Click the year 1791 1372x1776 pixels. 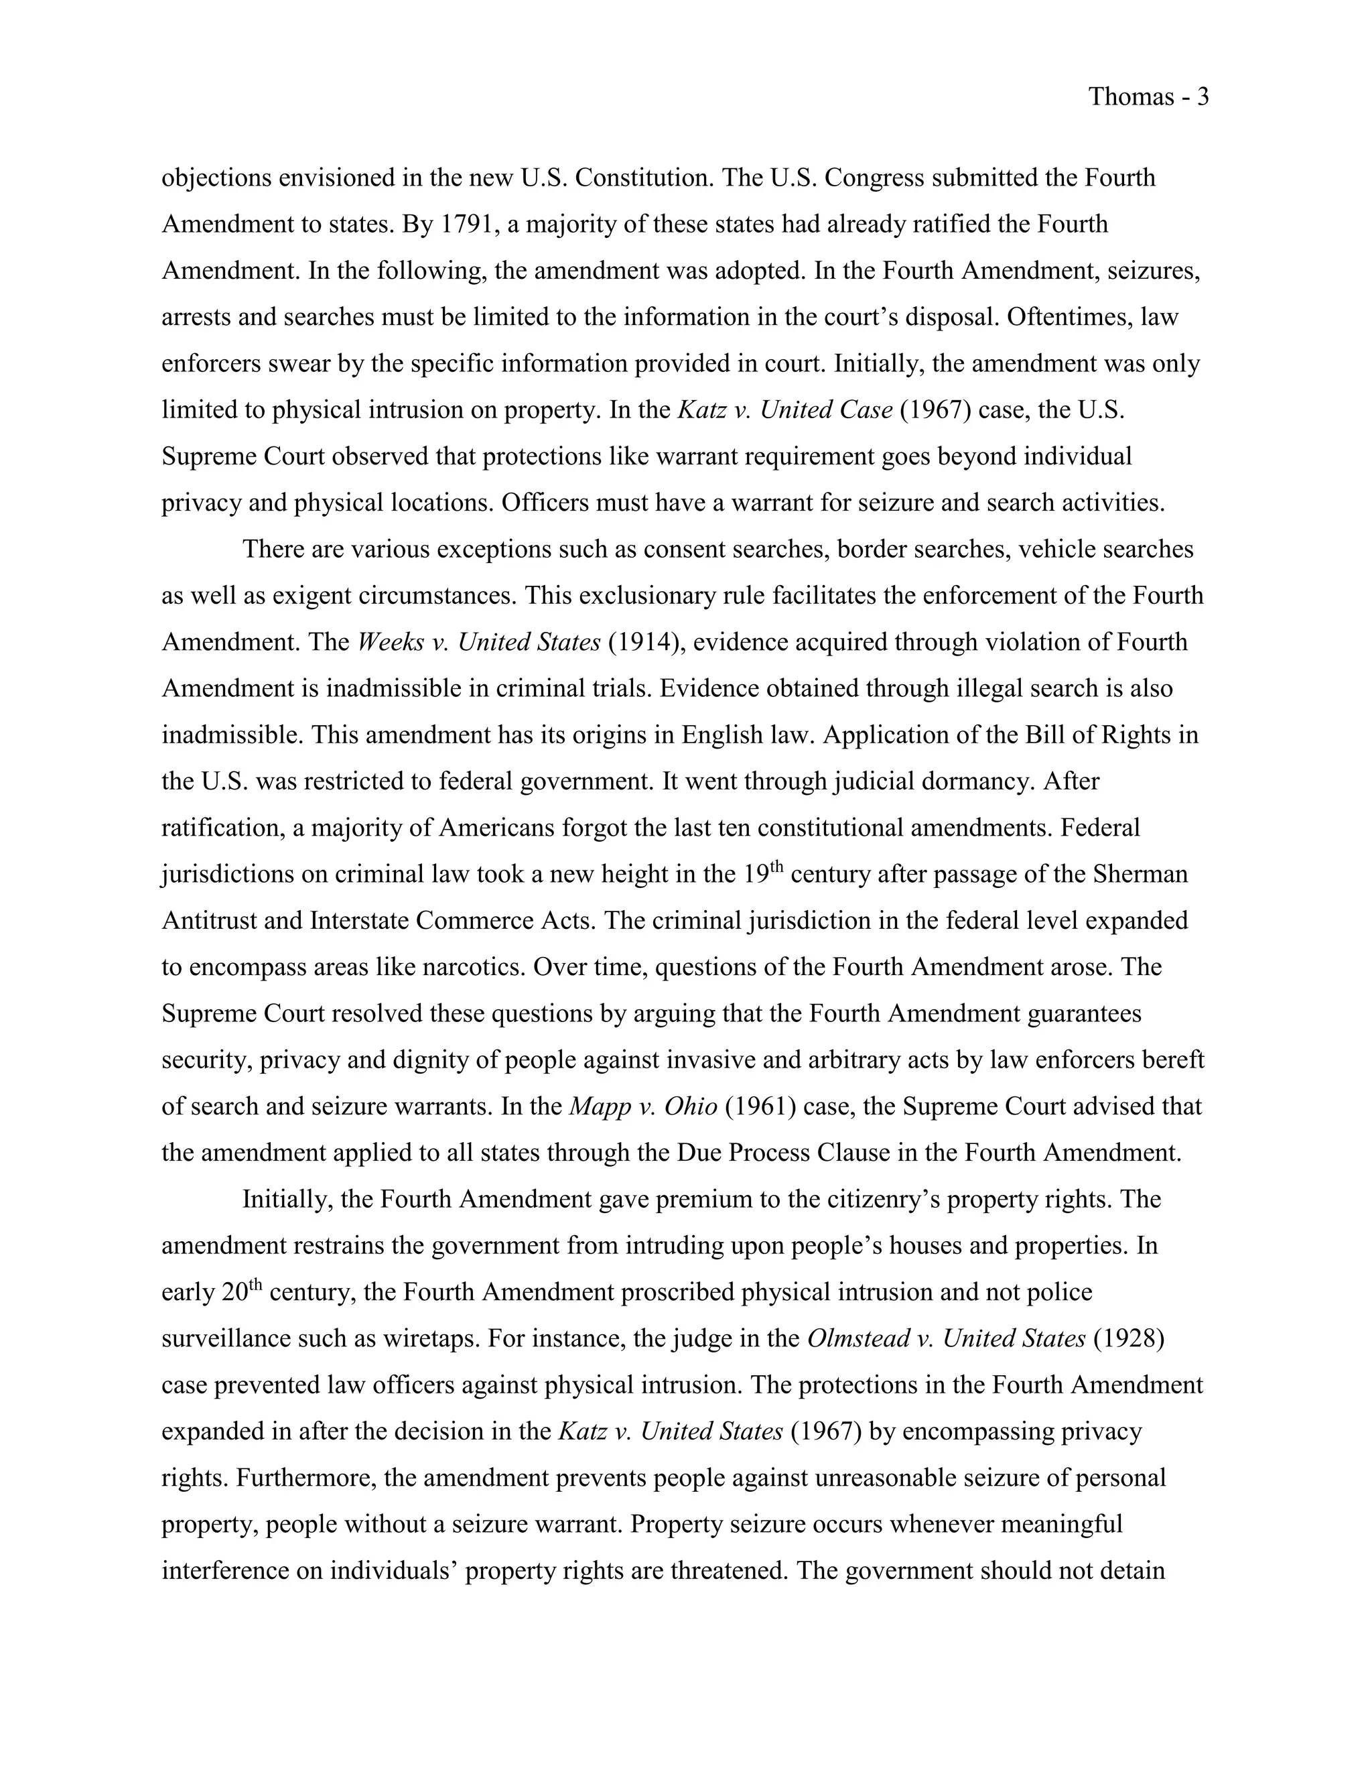(x=468, y=224)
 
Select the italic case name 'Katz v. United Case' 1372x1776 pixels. (x=784, y=410)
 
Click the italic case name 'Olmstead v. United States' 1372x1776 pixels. (x=946, y=1339)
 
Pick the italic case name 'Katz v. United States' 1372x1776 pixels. (x=671, y=1432)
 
